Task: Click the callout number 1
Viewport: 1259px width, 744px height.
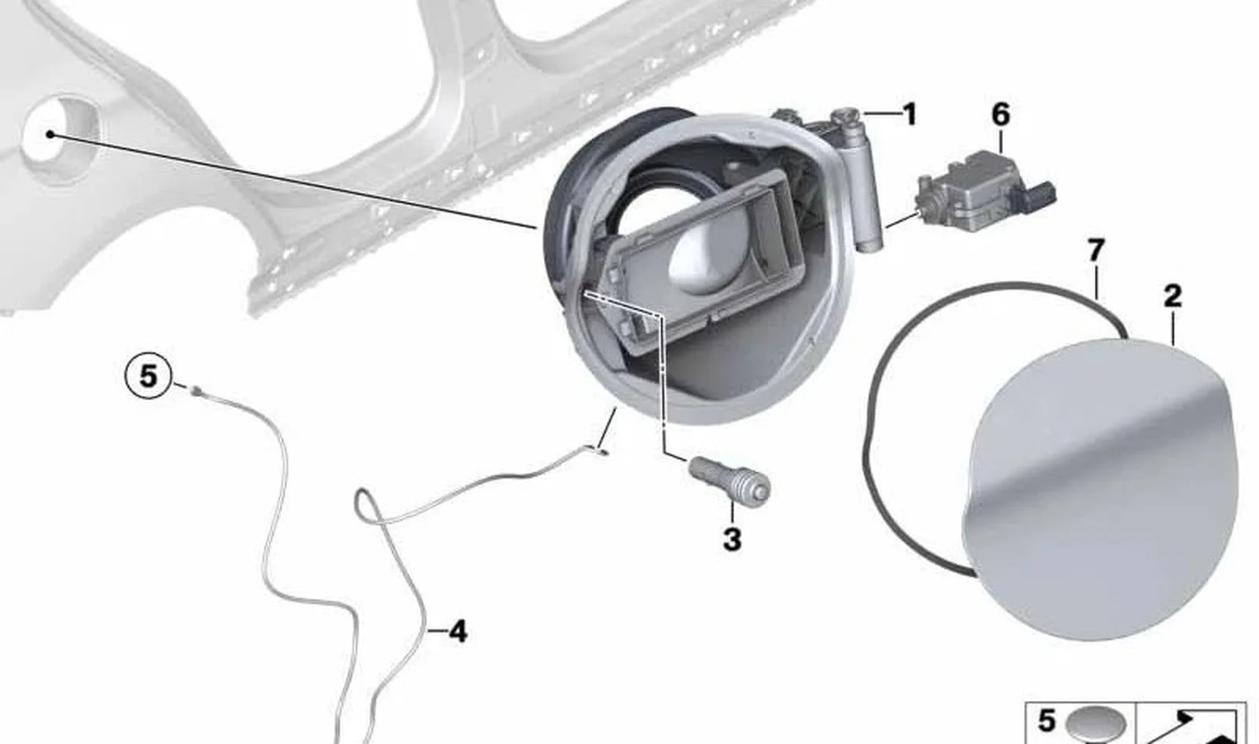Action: point(909,114)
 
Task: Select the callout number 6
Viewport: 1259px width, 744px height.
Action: point(1000,114)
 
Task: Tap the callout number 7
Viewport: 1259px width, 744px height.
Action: point(1095,251)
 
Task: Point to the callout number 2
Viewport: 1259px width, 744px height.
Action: point(1172,296)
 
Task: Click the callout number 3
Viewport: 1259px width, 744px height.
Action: point(732,540)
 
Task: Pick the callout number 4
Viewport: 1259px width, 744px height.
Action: point(458,632)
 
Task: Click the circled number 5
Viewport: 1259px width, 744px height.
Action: point(148,376)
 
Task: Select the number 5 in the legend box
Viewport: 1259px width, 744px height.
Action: point(1046,721)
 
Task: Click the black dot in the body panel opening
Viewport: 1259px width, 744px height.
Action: point(50,134)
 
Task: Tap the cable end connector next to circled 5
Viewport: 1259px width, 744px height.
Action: point(196,390)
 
